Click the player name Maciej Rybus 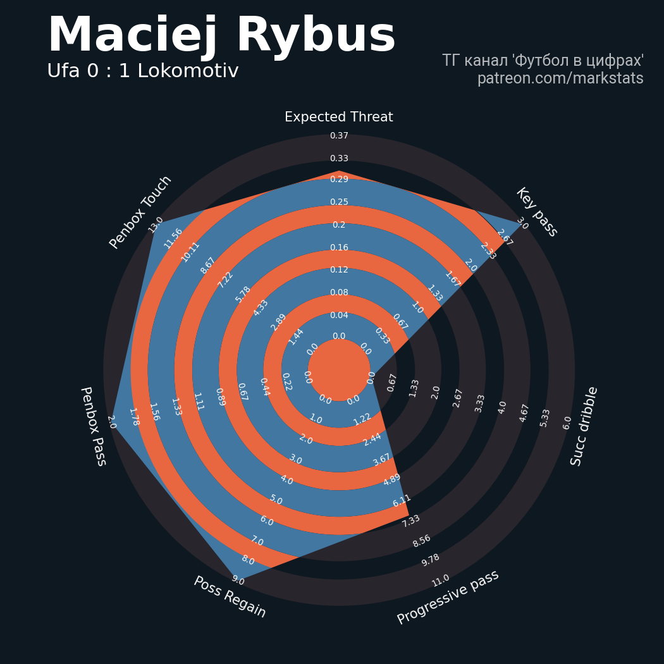coord(222,35)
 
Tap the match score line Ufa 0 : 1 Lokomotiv coord(143,71)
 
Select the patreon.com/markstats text coord(560,78)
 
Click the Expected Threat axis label coord(339,117)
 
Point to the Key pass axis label coord(536,212)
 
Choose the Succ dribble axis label coord(584,426)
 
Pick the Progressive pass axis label coord(448,597)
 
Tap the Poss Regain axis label coord(230,597)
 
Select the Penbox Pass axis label coord(93,426)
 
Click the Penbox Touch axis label coord(140,212)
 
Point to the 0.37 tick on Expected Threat coord(339,135)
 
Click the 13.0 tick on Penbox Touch coord(156,224)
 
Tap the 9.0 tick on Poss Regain coord(238,581)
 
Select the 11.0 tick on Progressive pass coord(440,581)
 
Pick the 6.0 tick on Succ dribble coord(567,423)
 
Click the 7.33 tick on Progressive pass coord(411,521)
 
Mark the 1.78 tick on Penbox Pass coord(134,417)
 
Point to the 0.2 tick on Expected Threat coord(339,225)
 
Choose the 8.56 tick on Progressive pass coord(422,541)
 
